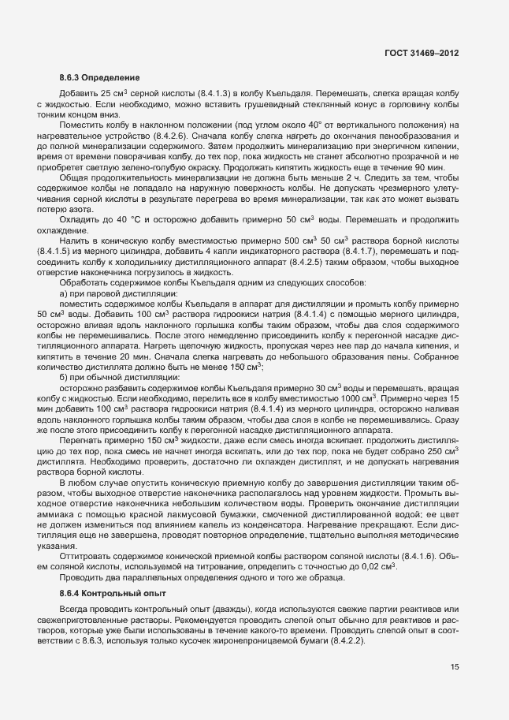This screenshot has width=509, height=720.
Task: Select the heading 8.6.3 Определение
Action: coord(99,78)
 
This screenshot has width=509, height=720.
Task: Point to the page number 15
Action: coord(455,667)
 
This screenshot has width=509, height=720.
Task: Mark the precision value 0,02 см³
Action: coord(378,544)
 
